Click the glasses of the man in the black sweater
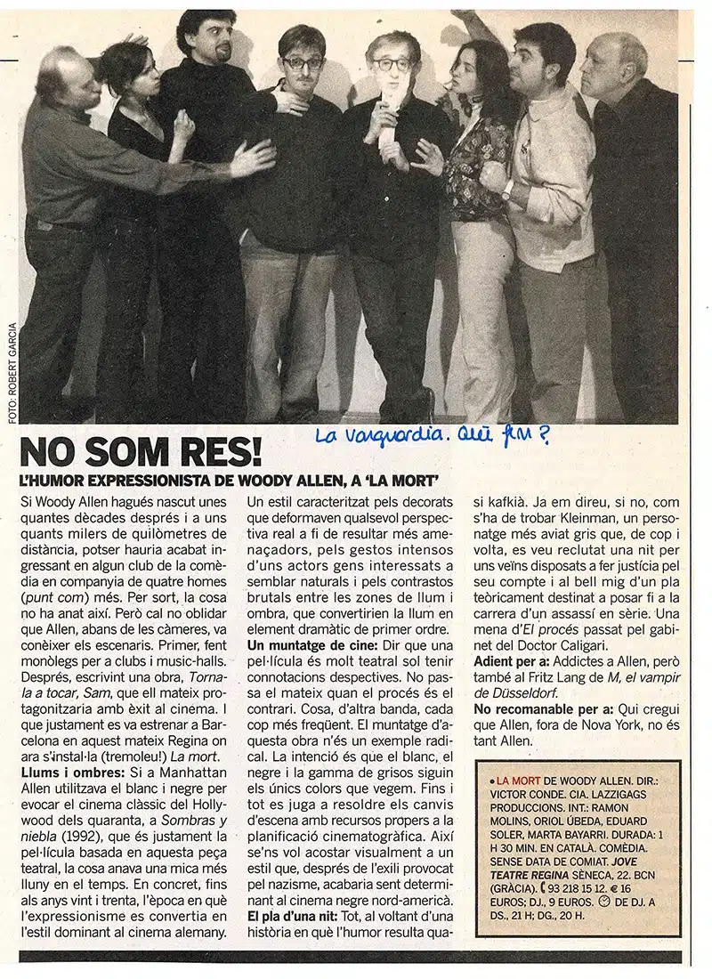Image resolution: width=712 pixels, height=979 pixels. (x=303, y=63)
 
